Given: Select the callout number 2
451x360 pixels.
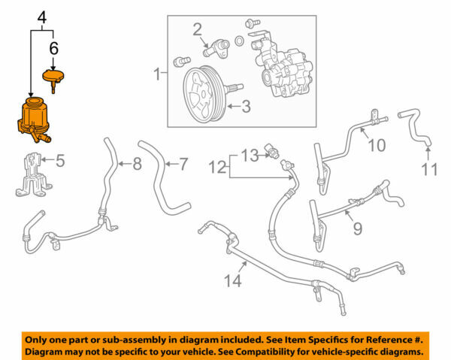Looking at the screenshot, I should (x=197, y=29).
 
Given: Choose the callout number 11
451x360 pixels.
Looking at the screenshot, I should (x=429, y=170).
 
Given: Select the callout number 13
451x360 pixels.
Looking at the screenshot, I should (x=250, y=155).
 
